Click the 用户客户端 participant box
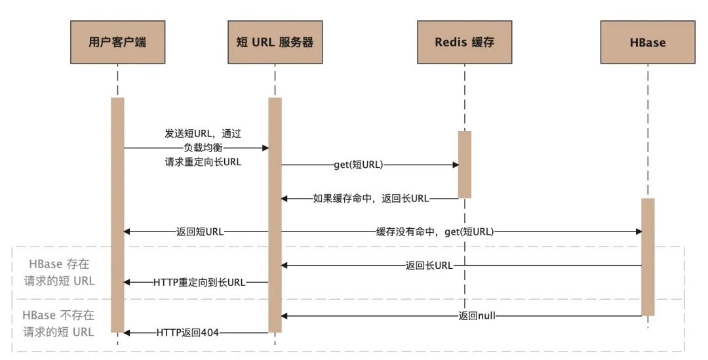117,43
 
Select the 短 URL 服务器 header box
275,43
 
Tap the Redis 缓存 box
464,43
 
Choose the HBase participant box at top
647,43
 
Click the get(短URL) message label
358,165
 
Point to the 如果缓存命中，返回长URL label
371,198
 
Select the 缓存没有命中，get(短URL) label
435,231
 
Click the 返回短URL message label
200,231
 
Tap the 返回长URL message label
429,266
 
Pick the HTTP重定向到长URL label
199,282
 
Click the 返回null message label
477,316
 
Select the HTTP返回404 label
187,332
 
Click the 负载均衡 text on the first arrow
203,148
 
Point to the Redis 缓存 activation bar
464,164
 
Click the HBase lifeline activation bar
647,256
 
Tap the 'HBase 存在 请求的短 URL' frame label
59,272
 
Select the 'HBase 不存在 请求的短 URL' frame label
59,323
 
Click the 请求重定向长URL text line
203,162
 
